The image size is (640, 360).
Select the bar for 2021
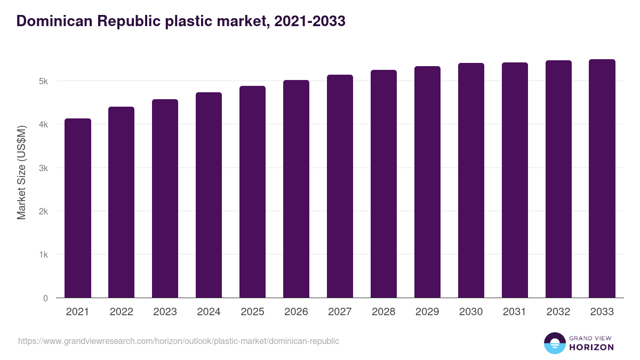pyautogui.click(x=78, y=208)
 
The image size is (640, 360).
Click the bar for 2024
pyautogui.click(x=209, y=195)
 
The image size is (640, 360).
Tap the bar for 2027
pyautogui.click(x=340, y=186)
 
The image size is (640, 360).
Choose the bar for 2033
pyautogui.click(x=602, y=179)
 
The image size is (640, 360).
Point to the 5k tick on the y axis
pyautogui.click(x=43, y=82)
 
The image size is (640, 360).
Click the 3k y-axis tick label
pyautogui.click(x=43, y=168)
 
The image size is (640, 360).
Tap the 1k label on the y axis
pyautogui.click(x=43, y=255)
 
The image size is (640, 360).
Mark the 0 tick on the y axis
pyautogui.click(x=45, y=298)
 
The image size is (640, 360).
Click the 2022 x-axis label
pyautogui.click(x=122, y=312)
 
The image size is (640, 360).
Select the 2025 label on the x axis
pyautogui.click(x=253, y=312)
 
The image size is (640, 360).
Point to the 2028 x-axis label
pyautogui.click(x=384, y=312)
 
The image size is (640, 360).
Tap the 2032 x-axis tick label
pyautogui.click(x=558, y=312)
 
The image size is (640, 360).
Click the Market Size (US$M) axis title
pyautogui.click(x=22, y=172)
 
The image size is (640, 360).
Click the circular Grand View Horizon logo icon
pyautogui.click(x=555, y=343)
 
